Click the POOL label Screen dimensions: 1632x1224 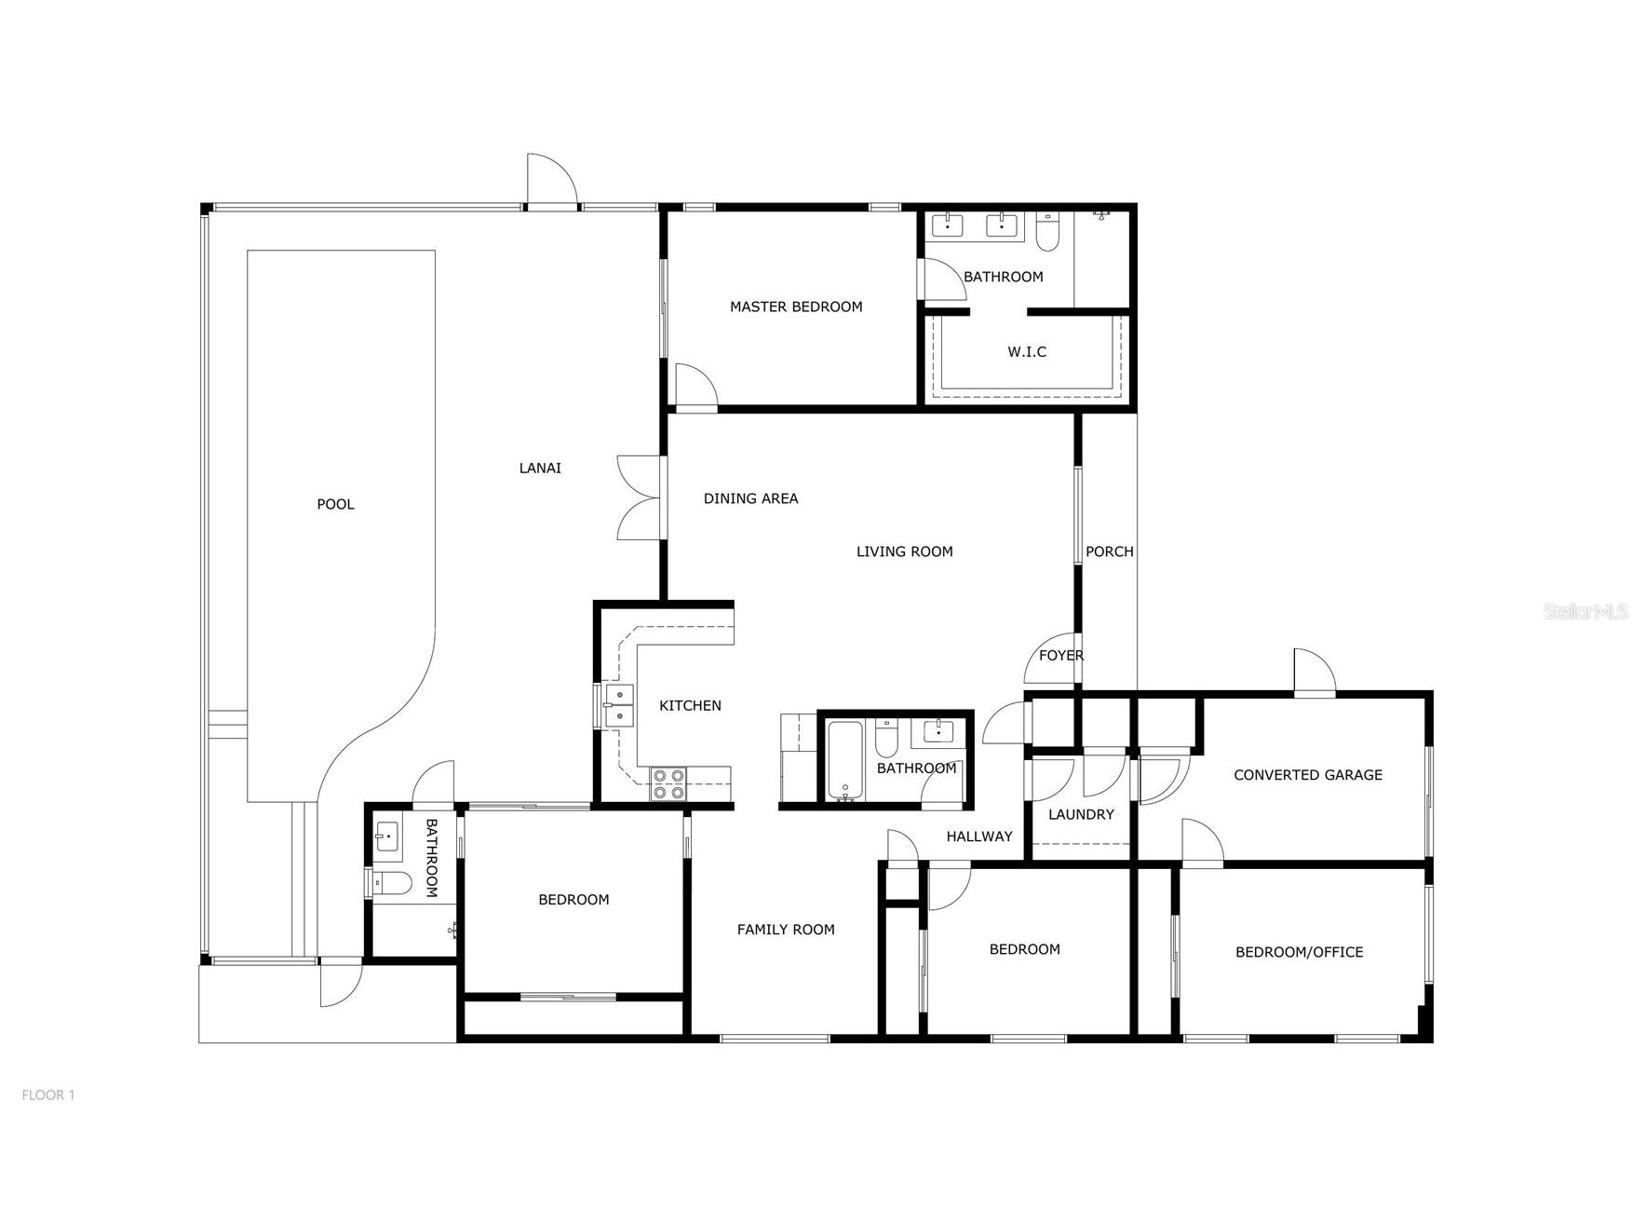tap(335, 504)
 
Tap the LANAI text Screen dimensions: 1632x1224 tap(540, 468)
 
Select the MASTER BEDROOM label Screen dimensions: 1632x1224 tap(796, 306)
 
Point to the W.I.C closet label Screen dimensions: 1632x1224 tap(1027, 351)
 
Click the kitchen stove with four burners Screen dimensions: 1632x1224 tap(668, 783)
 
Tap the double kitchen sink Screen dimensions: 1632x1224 tap(618, 705)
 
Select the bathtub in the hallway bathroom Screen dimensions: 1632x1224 tap(845, 760)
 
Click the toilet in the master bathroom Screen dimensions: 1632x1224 tap(1047, 232)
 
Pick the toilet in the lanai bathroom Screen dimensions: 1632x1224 tap(392, 883)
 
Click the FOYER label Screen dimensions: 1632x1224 tap(1061, 655)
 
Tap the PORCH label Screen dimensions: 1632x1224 tap(1110, 551)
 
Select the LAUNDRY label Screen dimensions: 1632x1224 tap(1081, 814)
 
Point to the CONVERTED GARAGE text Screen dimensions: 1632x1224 tap(1308, 774)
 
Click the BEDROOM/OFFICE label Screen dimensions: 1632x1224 tap(1299, 951)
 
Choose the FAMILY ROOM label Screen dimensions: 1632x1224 tap(786, 929)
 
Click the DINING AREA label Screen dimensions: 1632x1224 tap(750, 498)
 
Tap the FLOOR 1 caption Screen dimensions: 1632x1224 tap(48, 1095)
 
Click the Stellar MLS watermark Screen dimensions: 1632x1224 tap(1586, 611)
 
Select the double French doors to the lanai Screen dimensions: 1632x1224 tap(640, 497)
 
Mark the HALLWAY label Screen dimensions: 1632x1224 tap(979, 836)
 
